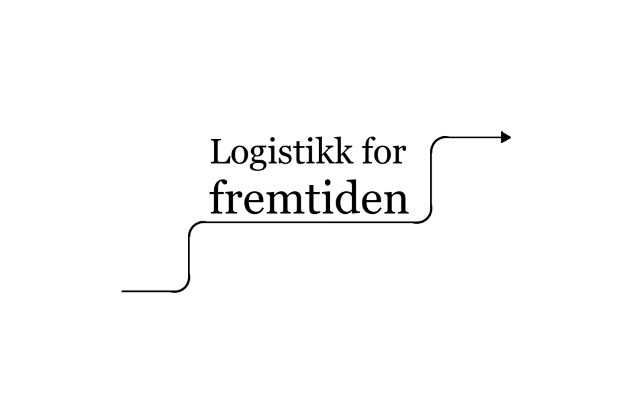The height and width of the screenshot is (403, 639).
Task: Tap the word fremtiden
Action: [309, 198]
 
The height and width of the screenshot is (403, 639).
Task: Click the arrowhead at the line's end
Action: [506, 137]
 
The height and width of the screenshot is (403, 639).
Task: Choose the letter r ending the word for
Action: [400, 156]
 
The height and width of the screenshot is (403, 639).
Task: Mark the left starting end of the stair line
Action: [124, 291]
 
